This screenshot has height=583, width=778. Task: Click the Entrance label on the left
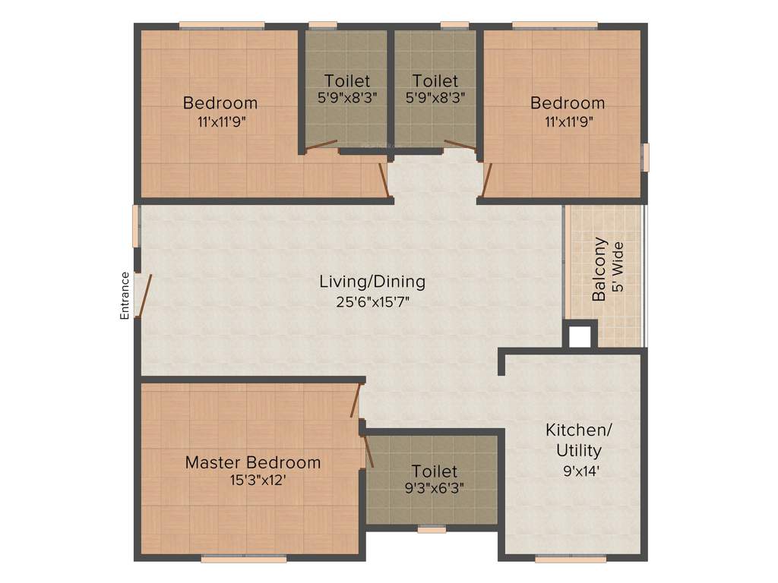(x=125, y=295)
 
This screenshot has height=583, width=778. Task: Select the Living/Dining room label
(x=372, y=282)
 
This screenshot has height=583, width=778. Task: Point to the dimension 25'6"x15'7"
(x=372, y=301)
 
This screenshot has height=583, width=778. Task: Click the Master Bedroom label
(x=253, y=462)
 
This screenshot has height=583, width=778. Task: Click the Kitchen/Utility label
(x=578, y=440)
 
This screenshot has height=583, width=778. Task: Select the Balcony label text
(x=599, y=269)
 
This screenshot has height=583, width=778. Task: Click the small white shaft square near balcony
(x=580, y=336)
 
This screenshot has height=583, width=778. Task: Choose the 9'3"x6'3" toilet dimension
(x=435, y=488)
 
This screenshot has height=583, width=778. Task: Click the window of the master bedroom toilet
(x=432, y=528)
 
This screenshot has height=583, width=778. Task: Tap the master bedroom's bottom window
(x=244, y=559)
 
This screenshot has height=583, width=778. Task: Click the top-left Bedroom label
(x=220, y=102)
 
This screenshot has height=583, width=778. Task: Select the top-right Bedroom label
(x=568, y=102)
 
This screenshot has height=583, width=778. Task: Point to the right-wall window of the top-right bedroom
(x=645, y=156)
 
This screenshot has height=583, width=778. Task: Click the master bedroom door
(x=356, y=401)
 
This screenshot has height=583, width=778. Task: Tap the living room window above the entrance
(x=137, y=225)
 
